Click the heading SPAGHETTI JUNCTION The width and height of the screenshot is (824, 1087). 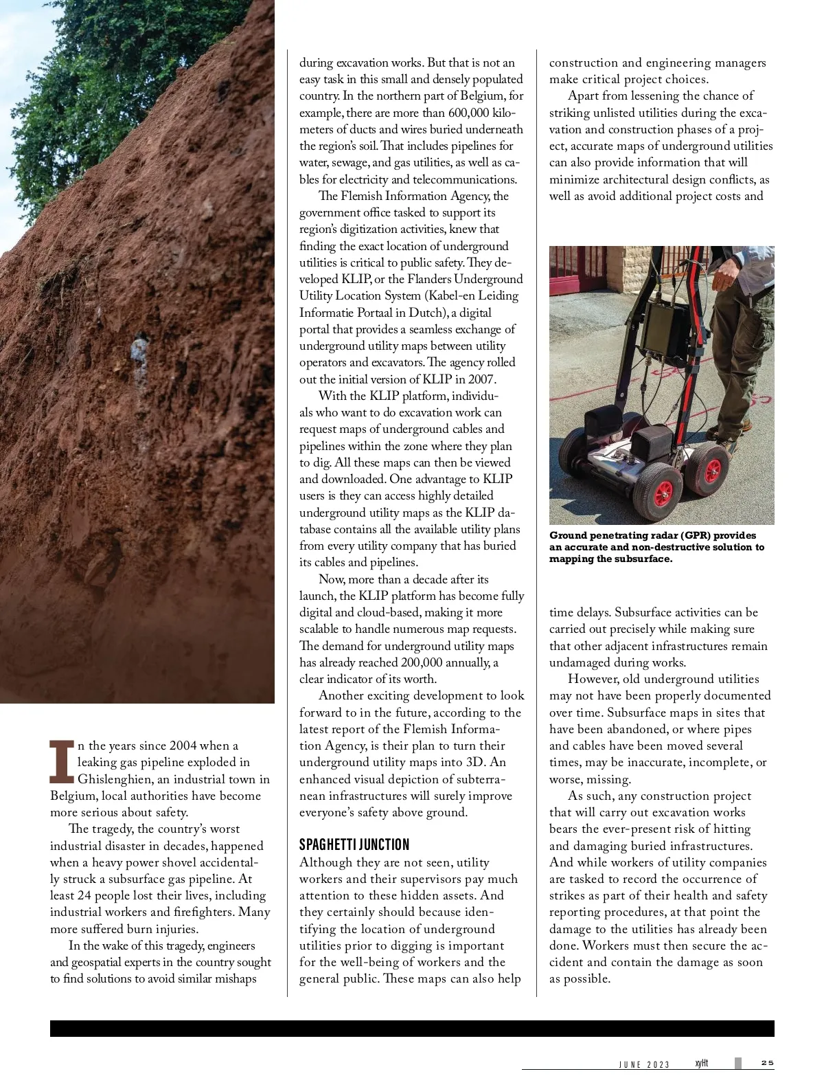[x=354, y=844]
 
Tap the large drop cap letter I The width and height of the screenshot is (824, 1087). [x=62, y=761]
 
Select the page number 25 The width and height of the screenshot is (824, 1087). [x=767, y=1063]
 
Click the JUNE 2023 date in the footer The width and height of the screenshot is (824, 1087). [x=643, y=1064]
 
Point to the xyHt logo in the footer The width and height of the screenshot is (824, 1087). [x=701, y=1063]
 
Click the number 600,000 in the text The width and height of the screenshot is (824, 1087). [x=468, y=113]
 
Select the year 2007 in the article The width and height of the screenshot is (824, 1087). [x=485, y=379]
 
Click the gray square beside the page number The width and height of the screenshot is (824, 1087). [x=738, y=1063]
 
